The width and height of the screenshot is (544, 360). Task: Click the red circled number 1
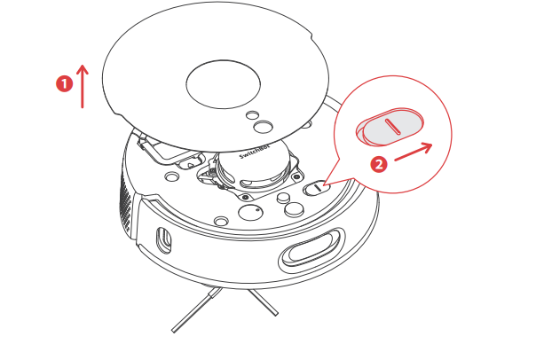point(65,84)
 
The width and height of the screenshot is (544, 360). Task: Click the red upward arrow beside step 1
point(83,86)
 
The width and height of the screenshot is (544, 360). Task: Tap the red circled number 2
point(379,164)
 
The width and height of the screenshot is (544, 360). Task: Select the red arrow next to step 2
point(414,153)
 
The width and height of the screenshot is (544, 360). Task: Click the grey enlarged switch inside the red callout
point(390,126)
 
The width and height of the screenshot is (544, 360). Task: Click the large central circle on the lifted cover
point(224,84)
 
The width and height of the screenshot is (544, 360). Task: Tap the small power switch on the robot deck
point(317,188)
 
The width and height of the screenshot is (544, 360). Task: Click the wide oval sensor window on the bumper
point(311,249)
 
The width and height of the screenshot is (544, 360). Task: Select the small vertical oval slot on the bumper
point(164,239)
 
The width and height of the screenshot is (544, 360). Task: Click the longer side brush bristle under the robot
point(196,309)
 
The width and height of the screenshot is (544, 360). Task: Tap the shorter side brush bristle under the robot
point(264,302)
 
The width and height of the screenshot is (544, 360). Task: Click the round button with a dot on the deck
point(250,212)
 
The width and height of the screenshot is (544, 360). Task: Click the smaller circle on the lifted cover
point(252,115)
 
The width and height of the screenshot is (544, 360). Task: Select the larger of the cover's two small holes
point(263,127)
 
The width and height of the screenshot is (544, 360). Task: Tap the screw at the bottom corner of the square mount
point(245,197)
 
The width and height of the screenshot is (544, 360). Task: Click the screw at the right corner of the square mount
point(296,176)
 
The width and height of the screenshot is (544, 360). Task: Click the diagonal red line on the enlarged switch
point(393,126)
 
